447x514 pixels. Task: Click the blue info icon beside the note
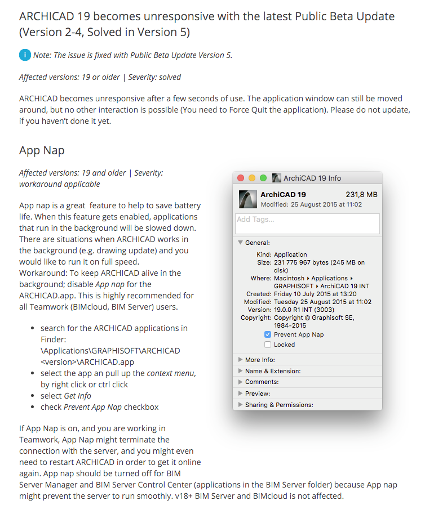click(25, 55)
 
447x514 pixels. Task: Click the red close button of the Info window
click(241, 178)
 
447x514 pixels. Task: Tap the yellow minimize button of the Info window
click(252, 178)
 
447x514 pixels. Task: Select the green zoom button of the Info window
click(263, 178)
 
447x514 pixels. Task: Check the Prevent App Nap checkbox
click(268, 334)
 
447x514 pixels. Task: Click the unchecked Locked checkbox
click(268, 345)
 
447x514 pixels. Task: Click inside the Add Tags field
click(307, 224)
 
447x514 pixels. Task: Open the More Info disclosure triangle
click(241, 360)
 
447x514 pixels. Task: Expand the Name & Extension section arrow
click(241, 371)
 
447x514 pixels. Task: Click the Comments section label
click(262, 382)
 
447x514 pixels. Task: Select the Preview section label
click(257, 394)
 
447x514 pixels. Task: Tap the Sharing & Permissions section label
click(279, 405)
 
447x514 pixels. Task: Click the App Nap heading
click(42, 150)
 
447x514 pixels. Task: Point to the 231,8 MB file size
click(361, 195)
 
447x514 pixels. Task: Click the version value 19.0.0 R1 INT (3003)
click(304, 310)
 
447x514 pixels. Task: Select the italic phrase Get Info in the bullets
click(78, 396)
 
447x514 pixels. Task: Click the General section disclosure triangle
click(241, 243)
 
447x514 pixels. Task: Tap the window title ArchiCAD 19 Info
click(312, 178)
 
